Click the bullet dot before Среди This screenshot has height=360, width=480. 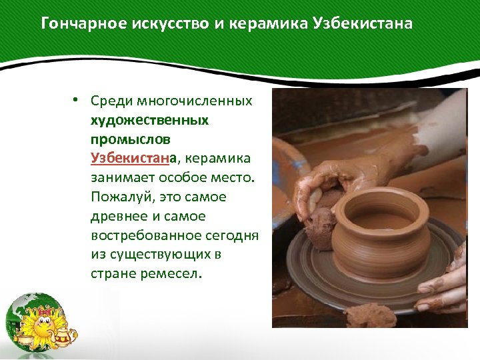77,100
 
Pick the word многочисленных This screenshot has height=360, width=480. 195,102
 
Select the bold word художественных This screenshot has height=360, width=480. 150,121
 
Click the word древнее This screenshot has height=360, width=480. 116,217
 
